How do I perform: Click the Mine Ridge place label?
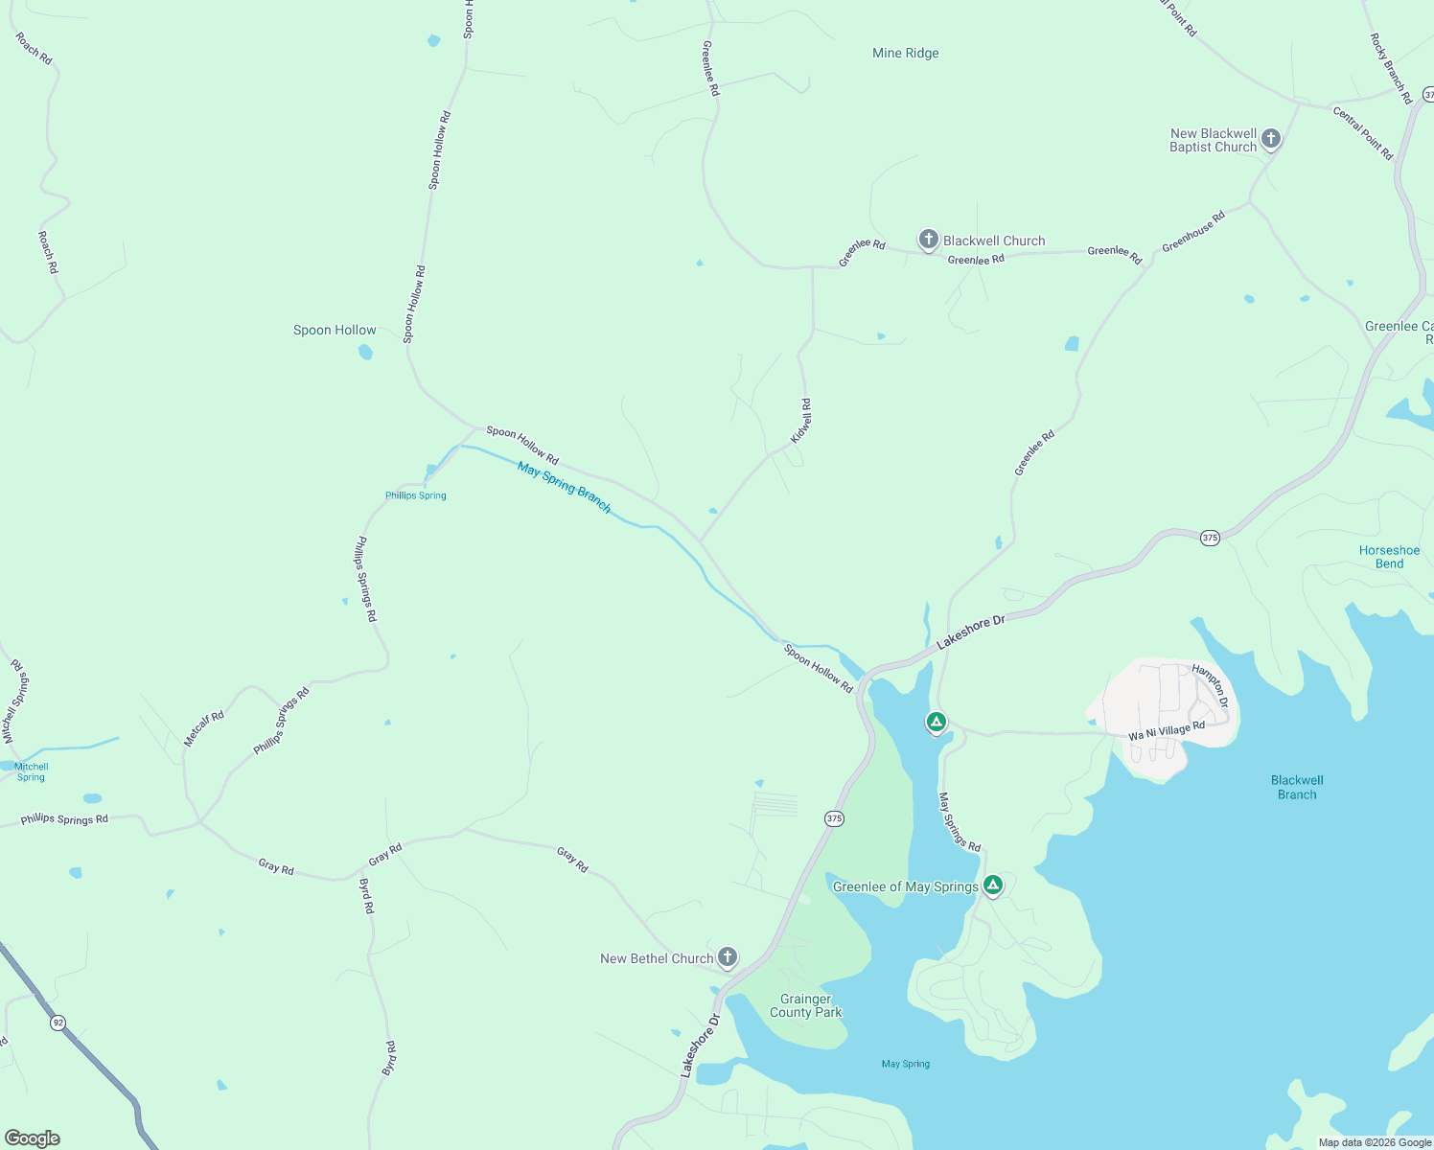(x=905, y=54)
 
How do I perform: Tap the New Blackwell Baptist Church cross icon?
(x=1270, y=139)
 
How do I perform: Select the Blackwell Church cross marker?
(x=928, y=240)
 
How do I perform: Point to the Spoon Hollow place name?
(x=335, y=331)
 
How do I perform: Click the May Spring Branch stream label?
(x=564, y=487)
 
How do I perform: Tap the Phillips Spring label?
(x=415, y=495)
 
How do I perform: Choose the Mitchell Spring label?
(x=31, y=771)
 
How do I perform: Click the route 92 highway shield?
(x=58, y=1023)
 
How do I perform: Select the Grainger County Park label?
(x=805, y=1005)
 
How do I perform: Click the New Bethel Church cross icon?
(x=728, y=956)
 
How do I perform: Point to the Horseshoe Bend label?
(x=1389, y=557)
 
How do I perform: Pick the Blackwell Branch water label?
(x=1297, y=787)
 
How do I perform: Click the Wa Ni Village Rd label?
(x=1166, y=732)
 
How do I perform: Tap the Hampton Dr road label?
(x=1210, y=686)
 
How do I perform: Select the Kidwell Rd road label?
(x=800, y=421)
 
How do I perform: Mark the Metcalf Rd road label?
(x=203, y=728)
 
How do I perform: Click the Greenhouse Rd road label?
(x=1193, y=232)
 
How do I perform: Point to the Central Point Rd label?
(x=1362, y=133)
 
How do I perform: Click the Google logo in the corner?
(x=33, y=1138)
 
